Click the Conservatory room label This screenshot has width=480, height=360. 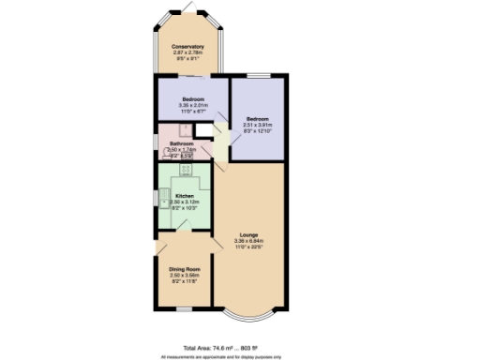coord(187,46)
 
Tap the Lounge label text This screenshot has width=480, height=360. coord(248,233)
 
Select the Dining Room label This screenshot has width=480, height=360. coord(185,270)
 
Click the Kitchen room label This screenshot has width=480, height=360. coord(184,196)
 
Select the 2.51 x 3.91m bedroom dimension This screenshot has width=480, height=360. coord(257,125)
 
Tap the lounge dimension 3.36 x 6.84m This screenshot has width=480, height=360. coord(248,241)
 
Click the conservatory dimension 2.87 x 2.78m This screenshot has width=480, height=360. coord(187,52)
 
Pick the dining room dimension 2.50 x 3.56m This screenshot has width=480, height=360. coord(185,277)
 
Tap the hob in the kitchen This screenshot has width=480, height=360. coord(185,170)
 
